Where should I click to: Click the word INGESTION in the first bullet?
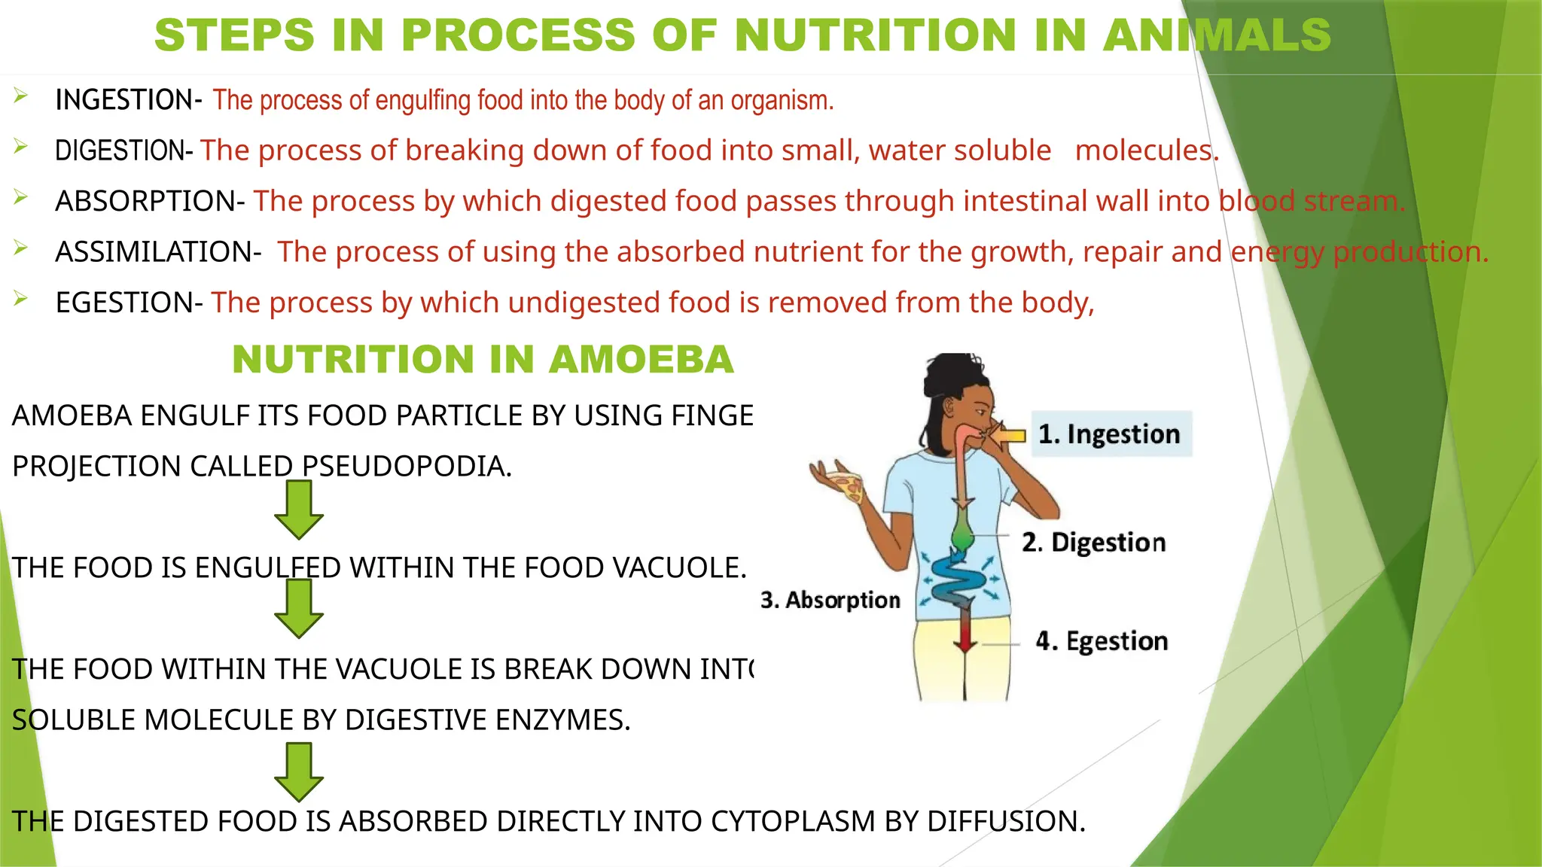pos(124,100)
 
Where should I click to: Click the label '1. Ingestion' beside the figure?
pos(1109,434)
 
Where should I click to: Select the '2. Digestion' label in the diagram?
pos(1093,543)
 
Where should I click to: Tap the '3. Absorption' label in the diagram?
pos(830,600)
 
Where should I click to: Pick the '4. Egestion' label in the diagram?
pos(1102,641)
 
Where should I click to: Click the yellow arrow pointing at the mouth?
pos(1009,435)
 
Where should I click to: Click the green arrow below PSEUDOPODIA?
pos(299,510)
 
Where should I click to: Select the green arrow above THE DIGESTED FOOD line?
pos(299,771)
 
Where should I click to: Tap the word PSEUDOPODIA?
pos(407,467)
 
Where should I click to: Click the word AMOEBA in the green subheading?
pos(641,359)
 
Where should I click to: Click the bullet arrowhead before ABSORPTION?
pos(20,197)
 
